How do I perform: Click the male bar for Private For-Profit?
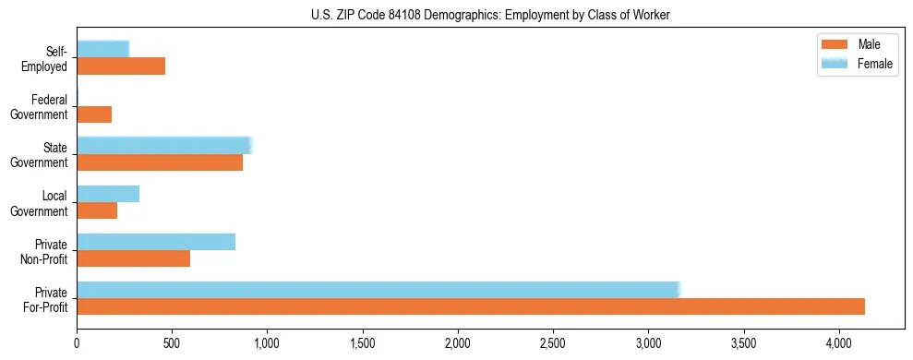pos(471,306)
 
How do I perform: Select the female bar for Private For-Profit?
pos(378,289)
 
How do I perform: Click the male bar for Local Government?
pos(97,210)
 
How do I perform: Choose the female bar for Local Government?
pos(108,194)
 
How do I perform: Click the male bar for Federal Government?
pos(94,114)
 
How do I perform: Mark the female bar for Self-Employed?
pos(102,49)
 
